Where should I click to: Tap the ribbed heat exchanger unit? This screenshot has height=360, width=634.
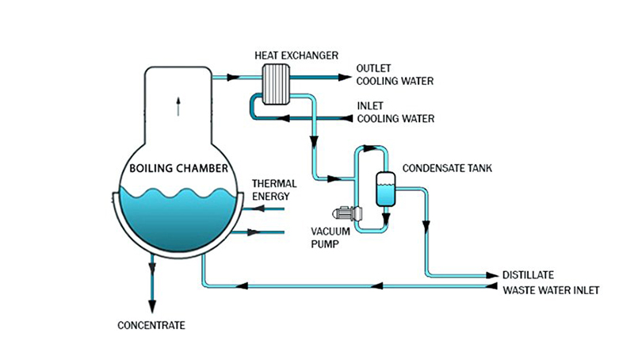pyautogui.click(x=277, y=83)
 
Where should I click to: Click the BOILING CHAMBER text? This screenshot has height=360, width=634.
pyautogui.click(x=178, y=168)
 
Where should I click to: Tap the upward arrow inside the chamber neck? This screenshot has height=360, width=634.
pyautogui.click(x=178, y=102)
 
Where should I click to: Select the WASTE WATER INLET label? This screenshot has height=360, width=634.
pyautogui.click(x=552, y=289)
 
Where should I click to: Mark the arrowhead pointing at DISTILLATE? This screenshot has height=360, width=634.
pyautogui.click(x=491, y=274)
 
